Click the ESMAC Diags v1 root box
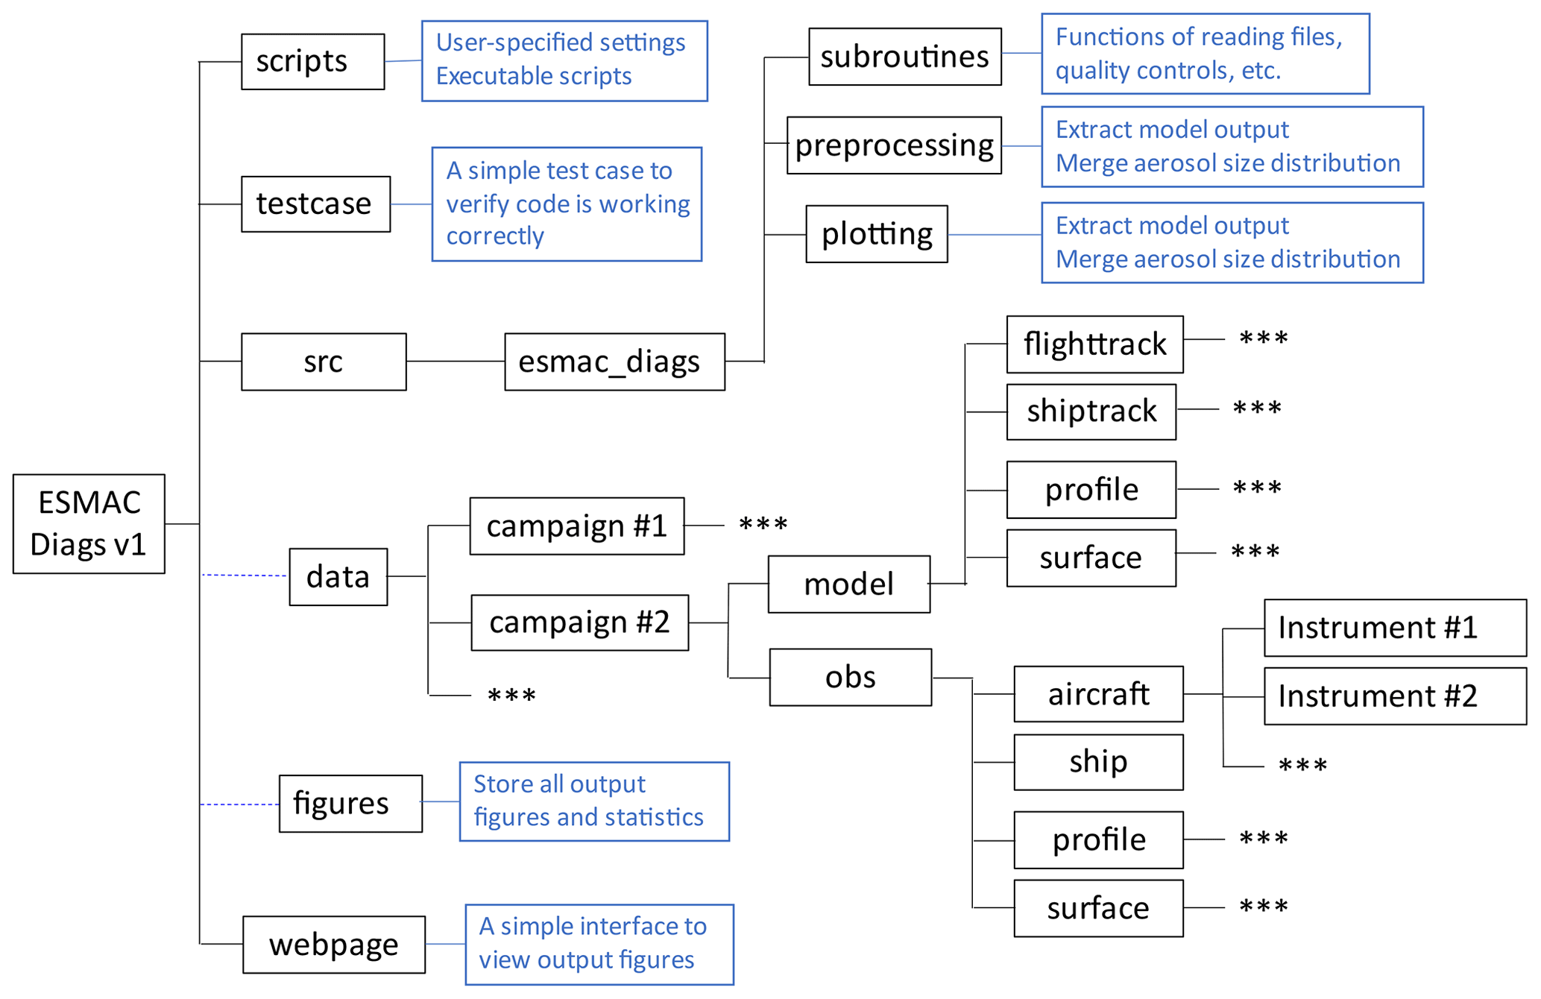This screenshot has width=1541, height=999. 89,523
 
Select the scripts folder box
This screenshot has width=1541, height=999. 312,62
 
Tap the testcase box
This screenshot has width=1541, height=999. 315,204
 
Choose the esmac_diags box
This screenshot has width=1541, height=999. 614,362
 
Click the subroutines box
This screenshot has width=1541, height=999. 904,57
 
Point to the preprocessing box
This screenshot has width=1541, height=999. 894,145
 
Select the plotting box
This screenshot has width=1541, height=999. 876,234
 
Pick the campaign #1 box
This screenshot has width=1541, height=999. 576,526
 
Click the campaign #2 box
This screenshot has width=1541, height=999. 579,623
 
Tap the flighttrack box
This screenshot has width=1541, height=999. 1094,344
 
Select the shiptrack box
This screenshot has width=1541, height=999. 1091,412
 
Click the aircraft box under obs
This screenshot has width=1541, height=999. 1097,694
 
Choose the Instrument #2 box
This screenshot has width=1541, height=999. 1394,696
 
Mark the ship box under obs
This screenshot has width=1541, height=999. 1097,762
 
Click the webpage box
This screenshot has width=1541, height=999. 334,945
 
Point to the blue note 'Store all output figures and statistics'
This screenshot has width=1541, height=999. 594,801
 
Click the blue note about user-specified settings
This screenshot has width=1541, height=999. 564,61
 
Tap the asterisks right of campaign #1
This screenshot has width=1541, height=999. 763,525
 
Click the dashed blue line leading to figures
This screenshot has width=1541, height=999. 239,804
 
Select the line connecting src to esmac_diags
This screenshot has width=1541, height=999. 455,362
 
